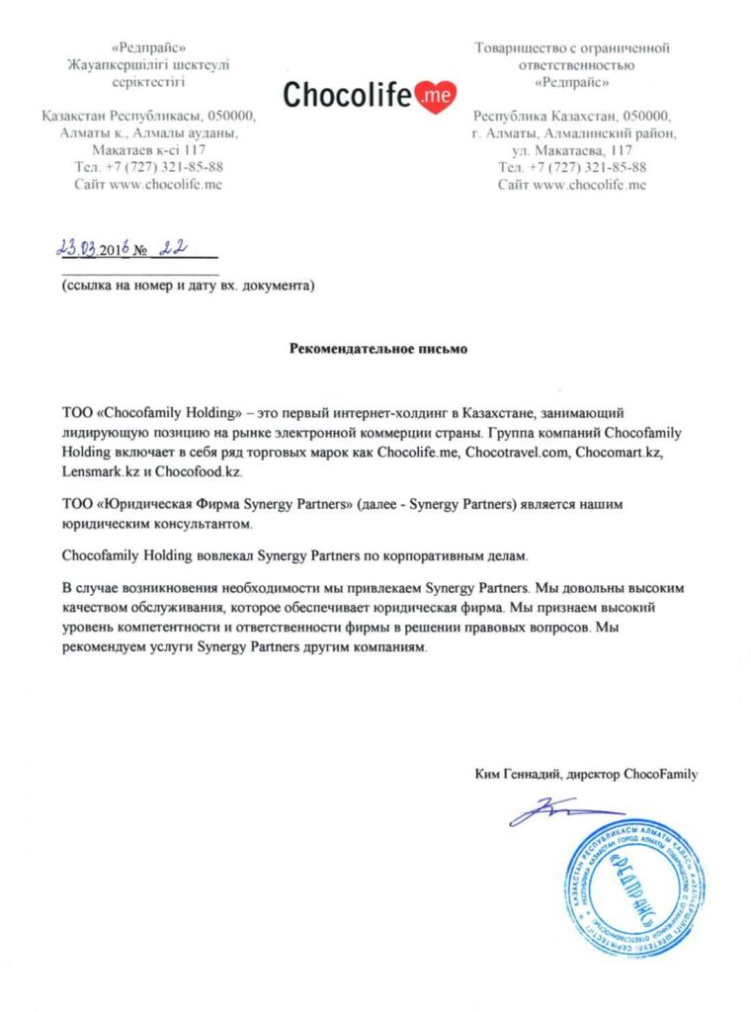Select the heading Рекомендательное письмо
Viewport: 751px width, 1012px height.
tap(376, 348)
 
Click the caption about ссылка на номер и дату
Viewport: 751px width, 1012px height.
tap(188, 287)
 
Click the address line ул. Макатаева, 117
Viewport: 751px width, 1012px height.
tap(572, 149)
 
